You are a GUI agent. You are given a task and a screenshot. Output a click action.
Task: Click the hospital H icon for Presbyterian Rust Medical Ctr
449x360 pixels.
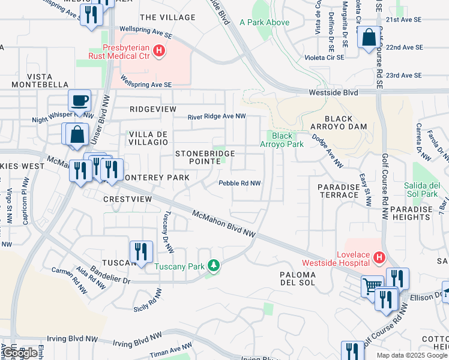click(x=159, y=52)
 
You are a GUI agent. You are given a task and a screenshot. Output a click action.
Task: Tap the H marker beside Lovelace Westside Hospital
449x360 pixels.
click(x=379, y=258)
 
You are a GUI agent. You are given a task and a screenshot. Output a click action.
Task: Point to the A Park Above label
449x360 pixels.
click(x=264, y=23)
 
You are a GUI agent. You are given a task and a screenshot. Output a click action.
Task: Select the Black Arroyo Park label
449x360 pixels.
click(x=282, y=140)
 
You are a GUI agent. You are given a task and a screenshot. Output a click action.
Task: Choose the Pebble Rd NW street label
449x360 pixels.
click(x=240, y=184)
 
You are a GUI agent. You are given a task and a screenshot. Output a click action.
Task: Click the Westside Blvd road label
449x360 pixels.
click(x=333, y=93)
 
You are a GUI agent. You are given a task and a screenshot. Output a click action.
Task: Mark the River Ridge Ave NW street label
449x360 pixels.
click(x=217, y=116)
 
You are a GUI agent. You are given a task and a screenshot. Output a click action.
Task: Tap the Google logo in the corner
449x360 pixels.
click(x=20, y=353)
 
